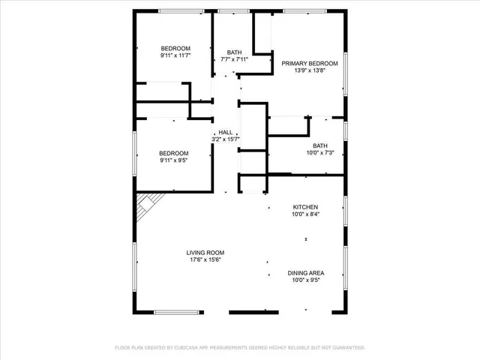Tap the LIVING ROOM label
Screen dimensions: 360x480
point(205,253)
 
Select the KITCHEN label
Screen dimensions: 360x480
point(305,207)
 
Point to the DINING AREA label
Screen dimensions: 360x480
point(305,273)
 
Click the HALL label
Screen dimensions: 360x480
point(225,132)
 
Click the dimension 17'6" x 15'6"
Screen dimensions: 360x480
point(205,260)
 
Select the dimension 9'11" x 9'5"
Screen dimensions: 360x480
point(173,160)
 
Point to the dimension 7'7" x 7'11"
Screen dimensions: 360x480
point(235,59)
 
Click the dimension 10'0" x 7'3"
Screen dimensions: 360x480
point(320,153)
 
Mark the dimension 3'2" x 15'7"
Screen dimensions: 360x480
point(225,139)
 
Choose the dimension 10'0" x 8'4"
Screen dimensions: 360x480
point(305,214)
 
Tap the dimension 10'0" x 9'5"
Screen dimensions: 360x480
point(305,280)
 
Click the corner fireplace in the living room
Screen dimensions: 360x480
point(147,202)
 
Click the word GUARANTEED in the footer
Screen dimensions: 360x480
point(346,348)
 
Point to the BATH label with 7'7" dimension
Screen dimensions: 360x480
point(235,52)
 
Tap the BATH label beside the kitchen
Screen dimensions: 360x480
point(320,145)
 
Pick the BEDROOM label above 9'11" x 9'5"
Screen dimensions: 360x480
point(173,152)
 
